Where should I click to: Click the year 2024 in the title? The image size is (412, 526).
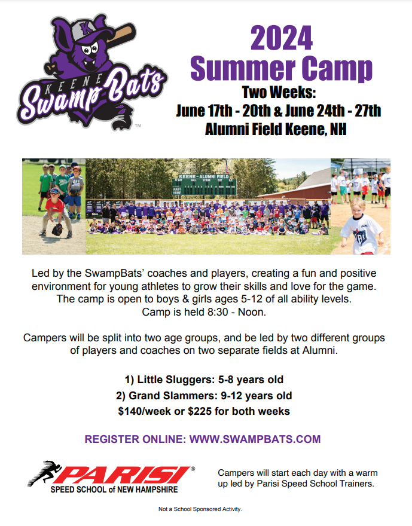pyautogui.click(x=282, y=38)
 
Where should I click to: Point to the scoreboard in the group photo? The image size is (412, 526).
pyautogui.click(x=204, y=185)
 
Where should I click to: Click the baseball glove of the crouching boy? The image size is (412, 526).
pyautogui.click(x=57, y=230)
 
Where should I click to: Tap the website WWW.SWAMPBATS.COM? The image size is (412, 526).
pyautogui.click(x=255, y=439)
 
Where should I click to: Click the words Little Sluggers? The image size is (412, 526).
pyautogui.click(x=175, y=380)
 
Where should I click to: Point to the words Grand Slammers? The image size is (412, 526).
pyautogui.click(x=173, y=396)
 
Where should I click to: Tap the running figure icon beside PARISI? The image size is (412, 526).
pyautogui.click(x=45, y=472)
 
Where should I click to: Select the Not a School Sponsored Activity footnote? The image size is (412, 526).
pyautogui.click(x=200, y=509)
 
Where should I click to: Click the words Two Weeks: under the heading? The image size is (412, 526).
pyautogui.click(x=279, y=93)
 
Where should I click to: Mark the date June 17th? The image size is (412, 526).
pyautogui.click(x=204, y=111)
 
